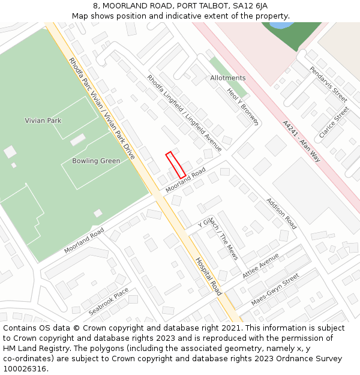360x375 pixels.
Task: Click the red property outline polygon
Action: [x=175, y=164]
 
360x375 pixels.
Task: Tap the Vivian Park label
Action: [x=43, y=121]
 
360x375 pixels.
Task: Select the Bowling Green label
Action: [x=96, y=161]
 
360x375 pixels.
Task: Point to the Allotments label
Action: [x=228, y=78]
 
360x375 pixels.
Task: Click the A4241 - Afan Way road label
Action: [x=302, y=141]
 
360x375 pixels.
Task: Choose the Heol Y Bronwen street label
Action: [x=242, y=107]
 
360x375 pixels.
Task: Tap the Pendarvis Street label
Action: [x=328, y=84]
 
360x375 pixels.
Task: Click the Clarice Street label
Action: [x=334, y=122]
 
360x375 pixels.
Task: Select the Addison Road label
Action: [x=281, y=214]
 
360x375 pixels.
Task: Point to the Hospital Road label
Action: [x=209, y=276]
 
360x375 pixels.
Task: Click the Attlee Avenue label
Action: [x=261, y=265]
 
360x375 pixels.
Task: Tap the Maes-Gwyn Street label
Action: [x=275, y=290]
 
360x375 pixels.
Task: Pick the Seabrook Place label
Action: [x=109, y=302]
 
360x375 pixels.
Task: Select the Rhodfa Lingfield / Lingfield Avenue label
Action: [x=184, y=113]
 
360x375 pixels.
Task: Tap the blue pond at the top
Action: [x=278, y=25]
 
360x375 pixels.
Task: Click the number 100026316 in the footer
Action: [x=25, y=368]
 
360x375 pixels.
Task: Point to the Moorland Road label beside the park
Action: [x=84, y=240]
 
